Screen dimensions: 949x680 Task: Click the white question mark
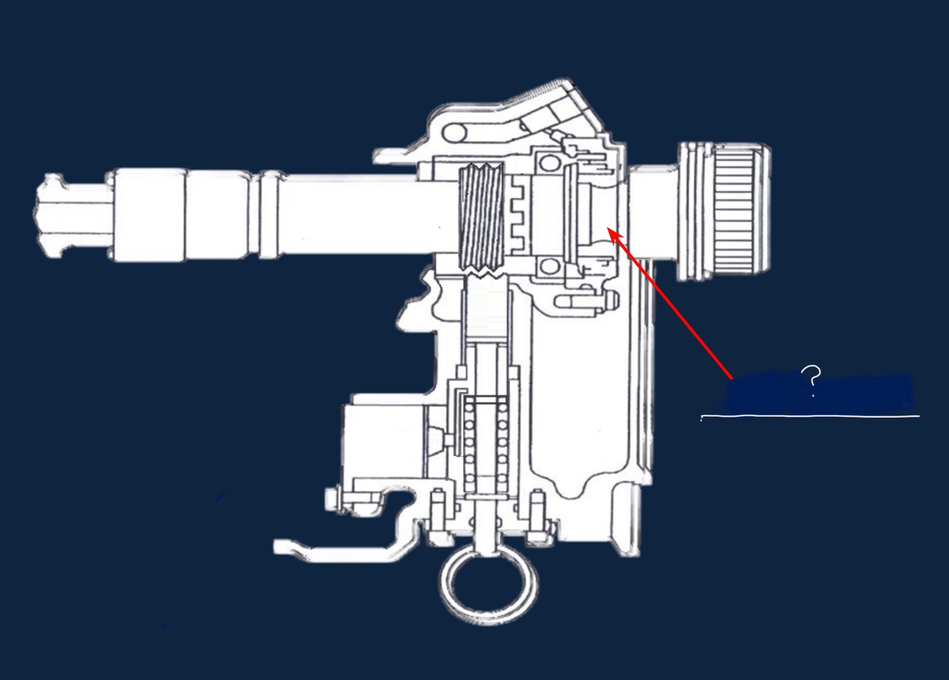[812, 382]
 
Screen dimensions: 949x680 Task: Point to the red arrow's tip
[608, 228]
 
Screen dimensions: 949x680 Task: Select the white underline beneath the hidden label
[810, 417]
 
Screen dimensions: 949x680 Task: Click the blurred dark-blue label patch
[820, 393]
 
